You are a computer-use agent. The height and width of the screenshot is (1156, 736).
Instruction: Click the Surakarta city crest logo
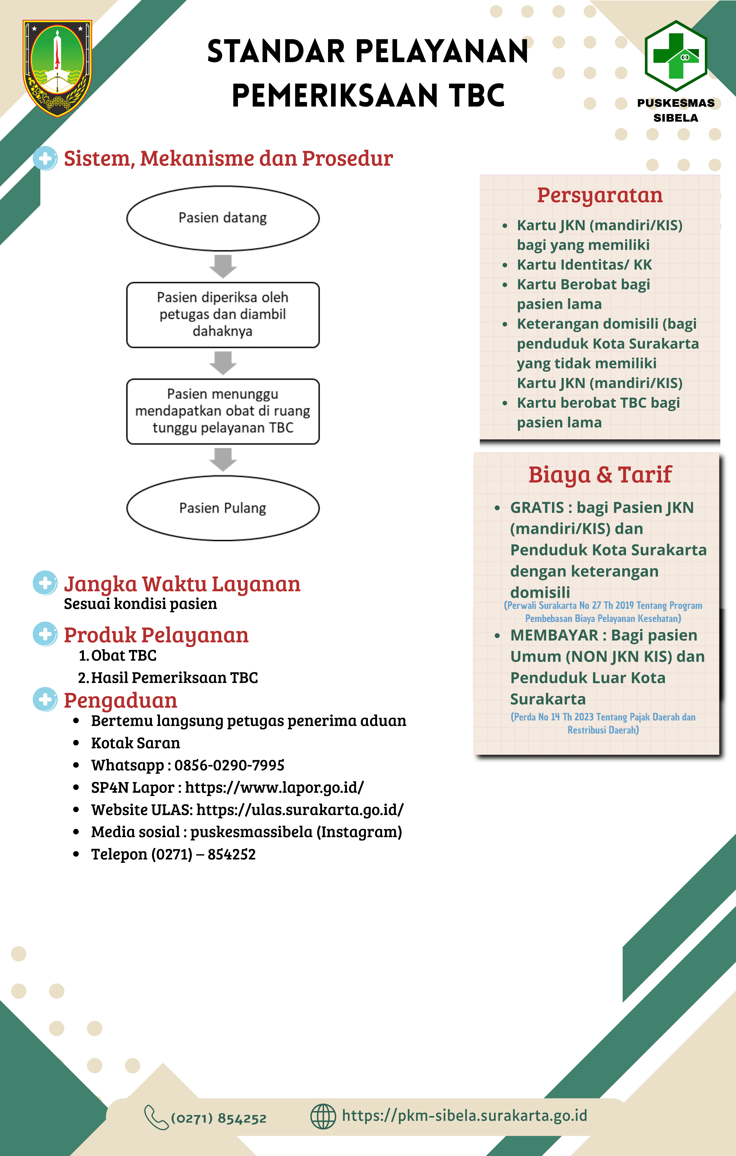57,68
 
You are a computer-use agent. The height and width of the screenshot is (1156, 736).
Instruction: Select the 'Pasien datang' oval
223,218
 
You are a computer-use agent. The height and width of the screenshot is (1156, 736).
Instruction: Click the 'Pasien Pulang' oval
223,508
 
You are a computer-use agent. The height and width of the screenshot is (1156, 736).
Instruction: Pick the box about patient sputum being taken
223,314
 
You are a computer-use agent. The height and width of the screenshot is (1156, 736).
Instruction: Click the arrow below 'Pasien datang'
223,266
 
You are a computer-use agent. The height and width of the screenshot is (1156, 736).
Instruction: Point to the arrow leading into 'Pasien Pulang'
223,459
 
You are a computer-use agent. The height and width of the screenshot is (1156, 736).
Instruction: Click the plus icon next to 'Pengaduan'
45,699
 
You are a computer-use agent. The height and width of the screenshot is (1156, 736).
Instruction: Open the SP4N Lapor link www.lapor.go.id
274,787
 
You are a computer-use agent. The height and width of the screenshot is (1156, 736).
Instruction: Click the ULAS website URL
300,809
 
